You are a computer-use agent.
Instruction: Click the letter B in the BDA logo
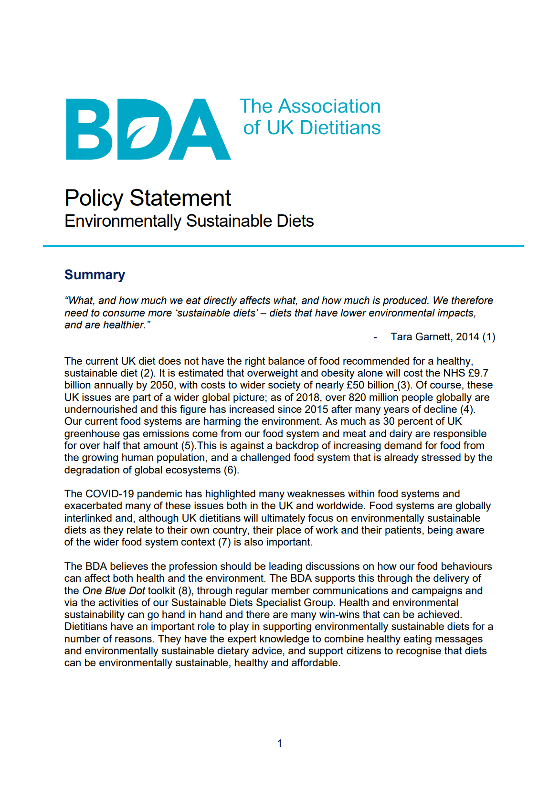(88, 129)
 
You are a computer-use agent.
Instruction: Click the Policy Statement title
(148, 198)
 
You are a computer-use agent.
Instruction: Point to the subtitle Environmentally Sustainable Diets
(189, 221)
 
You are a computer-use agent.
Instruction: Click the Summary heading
(95, 275)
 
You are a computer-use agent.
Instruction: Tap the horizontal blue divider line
(283, 246)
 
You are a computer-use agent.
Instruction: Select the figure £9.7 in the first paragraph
(478, 373)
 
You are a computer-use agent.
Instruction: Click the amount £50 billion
(370, 385)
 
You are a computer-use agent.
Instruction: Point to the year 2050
(162, 385)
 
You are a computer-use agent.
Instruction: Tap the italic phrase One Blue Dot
(114, 591)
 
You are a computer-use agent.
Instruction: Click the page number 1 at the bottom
(279, 743)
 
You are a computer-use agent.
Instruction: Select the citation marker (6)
(231, 470)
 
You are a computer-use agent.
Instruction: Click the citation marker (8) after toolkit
(185, 591)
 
